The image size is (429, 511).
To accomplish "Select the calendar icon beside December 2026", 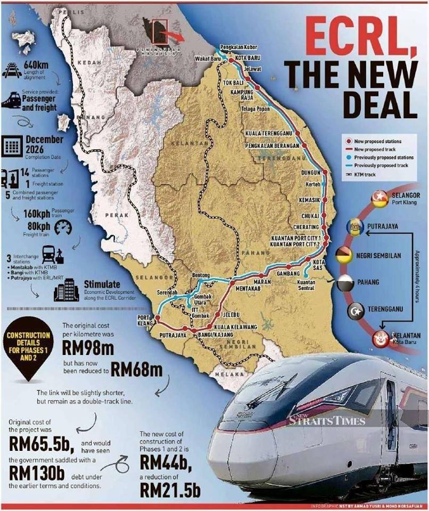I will tap(13, 145).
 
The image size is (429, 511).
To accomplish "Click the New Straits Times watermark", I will tap(328, 420).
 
